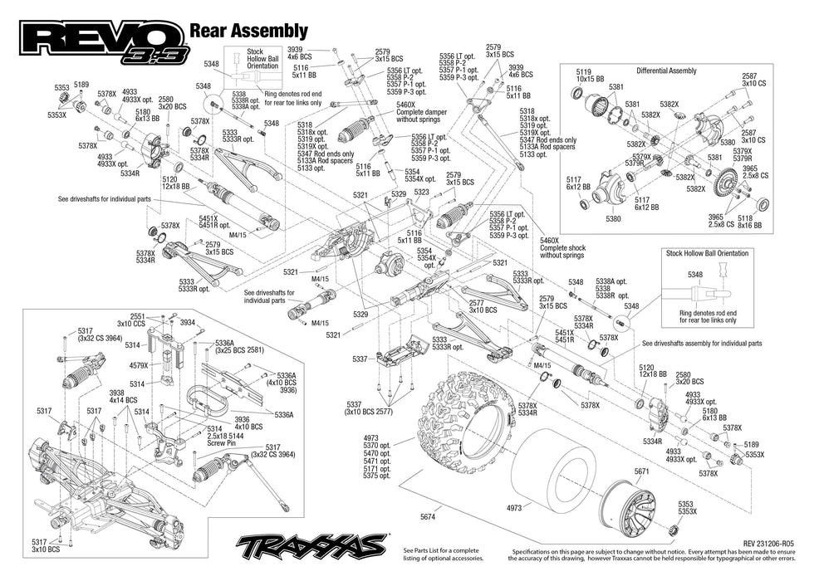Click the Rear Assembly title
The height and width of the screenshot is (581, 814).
pos(249,32)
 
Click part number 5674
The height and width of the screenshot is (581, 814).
pos(428,515)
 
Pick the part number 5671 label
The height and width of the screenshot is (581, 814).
pos(640,471)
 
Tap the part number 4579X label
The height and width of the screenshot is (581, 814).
pos(139,364)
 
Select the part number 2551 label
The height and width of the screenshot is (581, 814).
pos(137,315)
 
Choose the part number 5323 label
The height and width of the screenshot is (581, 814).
pos(422,192)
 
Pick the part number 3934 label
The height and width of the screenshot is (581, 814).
pos(188,322)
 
